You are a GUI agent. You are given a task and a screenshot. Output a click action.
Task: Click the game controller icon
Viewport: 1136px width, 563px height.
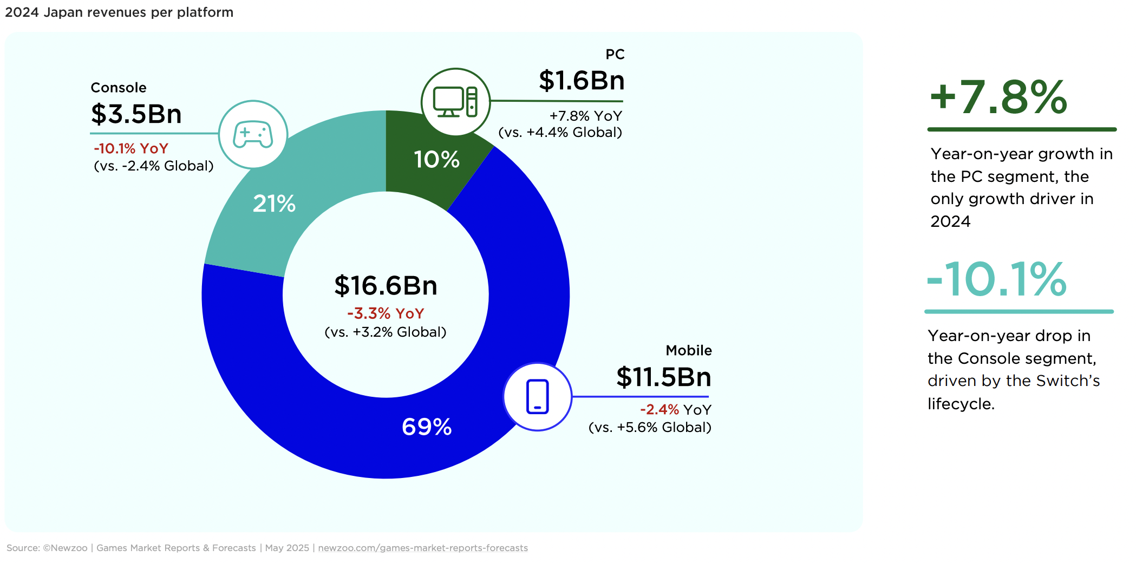click(x=253, y=134)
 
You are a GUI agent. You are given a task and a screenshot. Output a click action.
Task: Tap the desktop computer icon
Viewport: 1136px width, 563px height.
click(x=455, y=102)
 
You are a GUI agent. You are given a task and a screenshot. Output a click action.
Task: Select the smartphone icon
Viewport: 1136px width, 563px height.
click(x=538, y=397)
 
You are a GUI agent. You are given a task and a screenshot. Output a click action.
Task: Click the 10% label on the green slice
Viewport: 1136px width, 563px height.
click(x=436, y=159)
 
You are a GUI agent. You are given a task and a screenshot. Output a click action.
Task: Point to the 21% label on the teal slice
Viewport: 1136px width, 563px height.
click(x=274, y=204)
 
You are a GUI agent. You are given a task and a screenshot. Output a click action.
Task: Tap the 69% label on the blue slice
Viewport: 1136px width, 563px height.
click(x=427, y=427)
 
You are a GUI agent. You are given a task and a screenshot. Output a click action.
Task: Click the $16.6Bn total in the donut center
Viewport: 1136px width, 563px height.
click(x=386, y=285)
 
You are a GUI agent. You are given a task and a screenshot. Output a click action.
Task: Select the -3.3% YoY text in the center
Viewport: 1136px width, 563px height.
click(x=386, y=313)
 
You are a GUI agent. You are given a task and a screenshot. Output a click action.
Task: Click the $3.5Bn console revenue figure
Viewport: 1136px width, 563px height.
click(x=136, y=114)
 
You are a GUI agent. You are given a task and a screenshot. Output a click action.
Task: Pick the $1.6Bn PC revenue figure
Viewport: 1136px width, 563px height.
click(x=582, y=80)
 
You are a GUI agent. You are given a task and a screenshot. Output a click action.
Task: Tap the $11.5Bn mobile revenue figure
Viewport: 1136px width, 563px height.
click(x=664, y=377)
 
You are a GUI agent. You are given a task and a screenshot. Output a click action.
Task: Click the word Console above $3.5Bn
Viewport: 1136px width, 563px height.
click(x=119, y=88)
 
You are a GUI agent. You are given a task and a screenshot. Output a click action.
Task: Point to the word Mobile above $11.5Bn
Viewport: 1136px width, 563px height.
click(x=689, y=350)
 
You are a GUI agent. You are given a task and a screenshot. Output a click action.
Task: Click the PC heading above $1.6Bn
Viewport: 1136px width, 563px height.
click(x=615, y=54)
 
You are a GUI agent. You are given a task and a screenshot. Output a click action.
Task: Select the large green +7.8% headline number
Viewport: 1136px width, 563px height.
click(x=998, y=97)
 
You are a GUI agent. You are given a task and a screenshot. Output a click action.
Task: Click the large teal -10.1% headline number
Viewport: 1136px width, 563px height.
click(x=996, y=279)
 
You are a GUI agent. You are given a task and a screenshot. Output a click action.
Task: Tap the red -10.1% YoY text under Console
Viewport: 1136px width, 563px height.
click(x=131, y=148)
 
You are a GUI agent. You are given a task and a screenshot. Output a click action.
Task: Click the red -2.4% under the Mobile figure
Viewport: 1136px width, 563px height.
click(x=660, y=409)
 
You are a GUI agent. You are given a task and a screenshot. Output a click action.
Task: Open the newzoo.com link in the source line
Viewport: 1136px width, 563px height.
click(x=423, y=548)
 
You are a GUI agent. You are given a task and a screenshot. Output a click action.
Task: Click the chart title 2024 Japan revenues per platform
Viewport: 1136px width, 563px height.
click(x=119, y=12)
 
